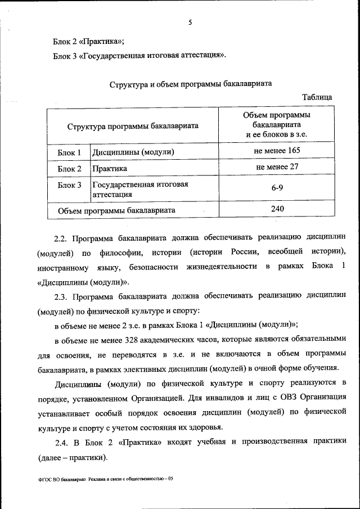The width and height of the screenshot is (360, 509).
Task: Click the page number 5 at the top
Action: click(x=190, y=22)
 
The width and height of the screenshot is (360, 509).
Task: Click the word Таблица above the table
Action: click(x=317, y=97)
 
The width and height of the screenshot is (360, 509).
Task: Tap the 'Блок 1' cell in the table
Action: click(x=70, y=152)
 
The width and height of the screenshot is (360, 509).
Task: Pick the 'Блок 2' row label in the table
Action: click(x=70, y=169)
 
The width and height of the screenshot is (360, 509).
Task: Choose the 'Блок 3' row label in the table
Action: click(x=70, y=185)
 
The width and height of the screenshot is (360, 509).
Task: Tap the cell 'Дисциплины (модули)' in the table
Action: click(x=133, y=152)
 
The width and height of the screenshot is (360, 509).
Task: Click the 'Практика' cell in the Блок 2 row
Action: click(x=110, y=169)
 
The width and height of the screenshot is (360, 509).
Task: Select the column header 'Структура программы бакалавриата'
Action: click(x=133, y=127)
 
